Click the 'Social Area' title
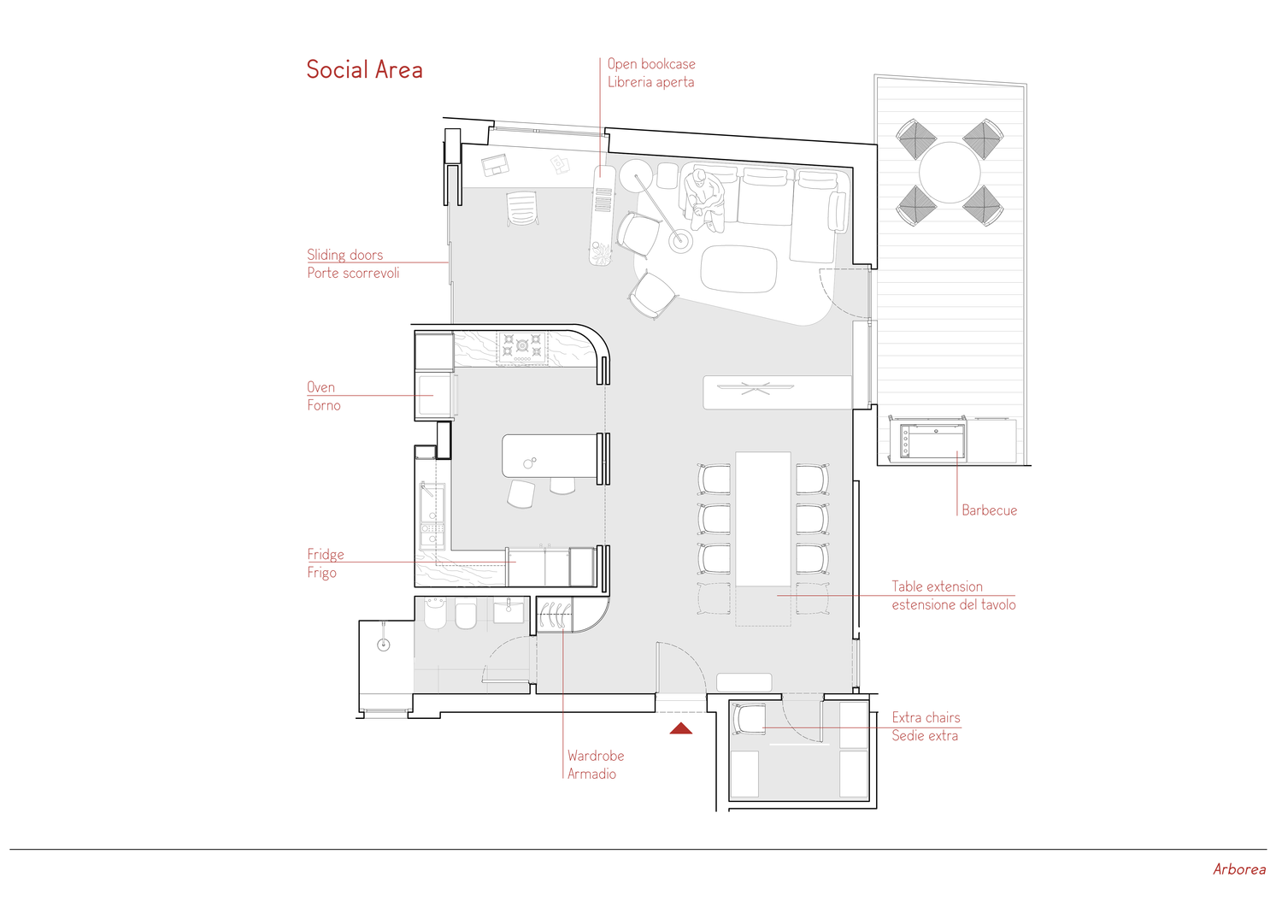pyautogui.click(x=365, y=70)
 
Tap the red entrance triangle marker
pyautogui.click(x=681, y=728)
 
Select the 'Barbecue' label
pyautogui.click(x=989, y=510)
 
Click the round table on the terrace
pyautogui.click(x=950, y=173)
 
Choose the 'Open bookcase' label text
pyautogui.click(x=651, y=63)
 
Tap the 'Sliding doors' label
pyautogui.click(x=344, y=255)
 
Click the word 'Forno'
pyautogui.click(x=323, y=405)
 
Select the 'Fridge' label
pyautogui.click(x=326, y=554)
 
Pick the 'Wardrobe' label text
pyautogui.click(x=595, y=756)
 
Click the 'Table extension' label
pyautogui.click(x=937, y=586)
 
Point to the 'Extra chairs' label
pyautogui.click(x=926, y=717)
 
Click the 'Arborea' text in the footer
pyautogui.click(x=1239, y=869)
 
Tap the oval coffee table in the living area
pyautogui.click(x=739, y=269)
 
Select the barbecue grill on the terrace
pyautogui.click(x=932, y=440)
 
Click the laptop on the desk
pyautogui.click(x=495, y=165)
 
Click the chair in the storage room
pyautogui.click(x=749, y=719)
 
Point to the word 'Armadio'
pyautogui.click(x=591, y=774)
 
